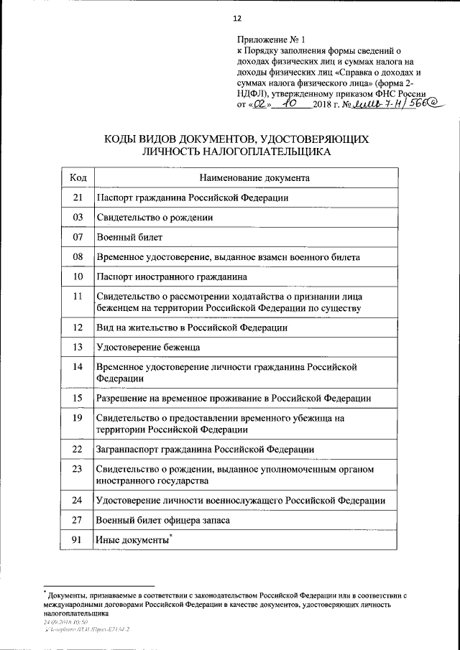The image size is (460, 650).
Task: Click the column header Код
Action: [x=78, y=177]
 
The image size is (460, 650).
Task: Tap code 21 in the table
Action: [x=78, y=197]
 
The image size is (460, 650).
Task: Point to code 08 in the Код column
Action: [x=78, y=256]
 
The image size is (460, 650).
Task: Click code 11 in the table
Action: [x=78, y=296]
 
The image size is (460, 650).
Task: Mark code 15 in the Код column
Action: [x=78, y=398]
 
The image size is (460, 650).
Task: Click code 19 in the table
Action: [x=78, y=417]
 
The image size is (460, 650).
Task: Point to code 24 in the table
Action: [x=78, y=500]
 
